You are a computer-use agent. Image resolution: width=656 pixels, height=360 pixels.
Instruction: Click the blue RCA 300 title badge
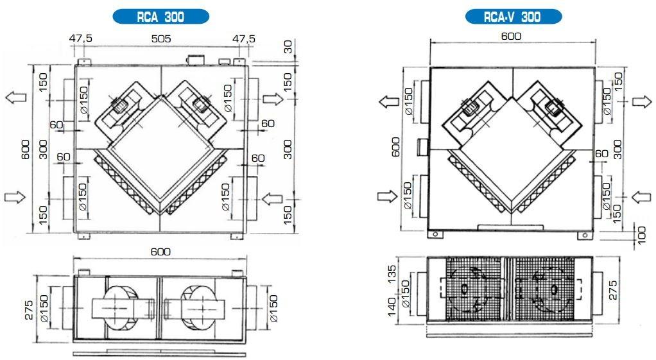(160, 17)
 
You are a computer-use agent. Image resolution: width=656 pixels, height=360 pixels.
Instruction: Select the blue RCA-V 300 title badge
(513, 17)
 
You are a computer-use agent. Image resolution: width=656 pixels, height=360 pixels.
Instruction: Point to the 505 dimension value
(160, 39)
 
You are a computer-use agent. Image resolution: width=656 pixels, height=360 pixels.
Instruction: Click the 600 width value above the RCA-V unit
(511, 37)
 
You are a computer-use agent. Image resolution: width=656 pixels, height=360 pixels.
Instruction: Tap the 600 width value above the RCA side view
(160, 252)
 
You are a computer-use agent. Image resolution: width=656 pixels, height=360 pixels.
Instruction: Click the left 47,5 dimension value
(81, 39)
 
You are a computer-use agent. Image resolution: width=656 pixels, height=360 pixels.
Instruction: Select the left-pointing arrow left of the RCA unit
(15, 98)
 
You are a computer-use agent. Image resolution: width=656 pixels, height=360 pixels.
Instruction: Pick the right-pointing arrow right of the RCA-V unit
(641, 101)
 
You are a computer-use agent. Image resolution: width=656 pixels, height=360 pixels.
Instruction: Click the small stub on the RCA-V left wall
(422, 147)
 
